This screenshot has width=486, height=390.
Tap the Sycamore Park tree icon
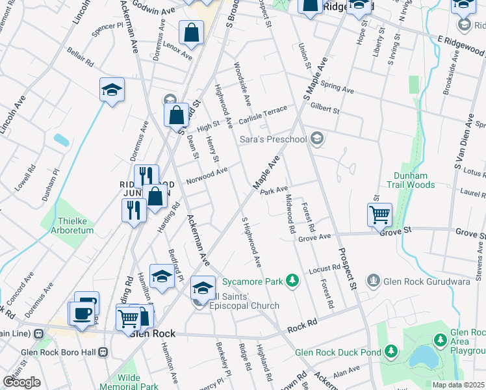pos(293,281)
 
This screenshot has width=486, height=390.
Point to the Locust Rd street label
pos(325,268)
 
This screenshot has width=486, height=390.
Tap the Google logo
pos(21,382)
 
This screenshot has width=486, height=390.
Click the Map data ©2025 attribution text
pos(457,385)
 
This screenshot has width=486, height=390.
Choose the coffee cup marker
pos(82,315)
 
